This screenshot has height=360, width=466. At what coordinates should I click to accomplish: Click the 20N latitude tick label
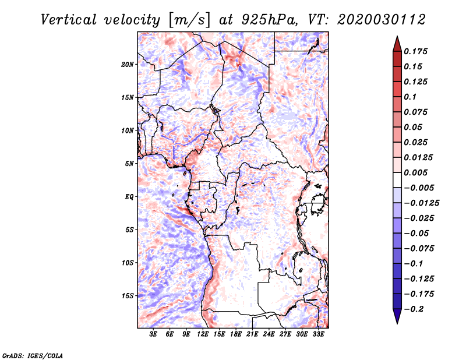pos(128,65)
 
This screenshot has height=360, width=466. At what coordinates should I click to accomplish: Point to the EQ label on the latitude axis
pos(129,197)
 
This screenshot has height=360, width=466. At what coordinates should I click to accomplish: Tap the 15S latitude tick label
pos(128,296)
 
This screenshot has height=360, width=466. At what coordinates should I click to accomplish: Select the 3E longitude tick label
pos(153,334)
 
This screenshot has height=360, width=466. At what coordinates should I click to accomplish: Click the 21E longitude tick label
pos(252,334)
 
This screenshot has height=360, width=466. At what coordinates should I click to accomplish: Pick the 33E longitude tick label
pos(318,334)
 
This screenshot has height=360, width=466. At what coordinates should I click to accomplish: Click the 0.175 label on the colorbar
pos(415,51)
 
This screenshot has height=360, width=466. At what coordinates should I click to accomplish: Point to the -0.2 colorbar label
pos(414,309)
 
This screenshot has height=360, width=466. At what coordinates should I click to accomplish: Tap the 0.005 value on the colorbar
pos(415,172)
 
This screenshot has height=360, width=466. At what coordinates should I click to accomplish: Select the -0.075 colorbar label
pos(419,249)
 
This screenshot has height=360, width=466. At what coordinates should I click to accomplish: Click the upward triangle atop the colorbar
pos(397,44)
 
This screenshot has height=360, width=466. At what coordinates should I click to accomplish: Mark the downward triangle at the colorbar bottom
pos(397,316)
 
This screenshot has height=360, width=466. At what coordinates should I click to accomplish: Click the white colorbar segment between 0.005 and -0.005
pos(397,180)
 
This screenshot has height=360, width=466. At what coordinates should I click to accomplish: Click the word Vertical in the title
pos(69,20)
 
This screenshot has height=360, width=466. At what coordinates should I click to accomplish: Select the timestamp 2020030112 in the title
pos(382,20)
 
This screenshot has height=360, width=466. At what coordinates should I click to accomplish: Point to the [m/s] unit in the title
pos(189,20)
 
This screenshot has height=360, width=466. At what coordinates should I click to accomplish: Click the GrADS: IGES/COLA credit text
pos(33,355)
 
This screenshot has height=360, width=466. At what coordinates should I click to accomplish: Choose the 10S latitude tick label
pos(128,263)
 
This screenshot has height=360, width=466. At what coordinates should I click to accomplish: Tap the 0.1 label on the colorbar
pos(410,97)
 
